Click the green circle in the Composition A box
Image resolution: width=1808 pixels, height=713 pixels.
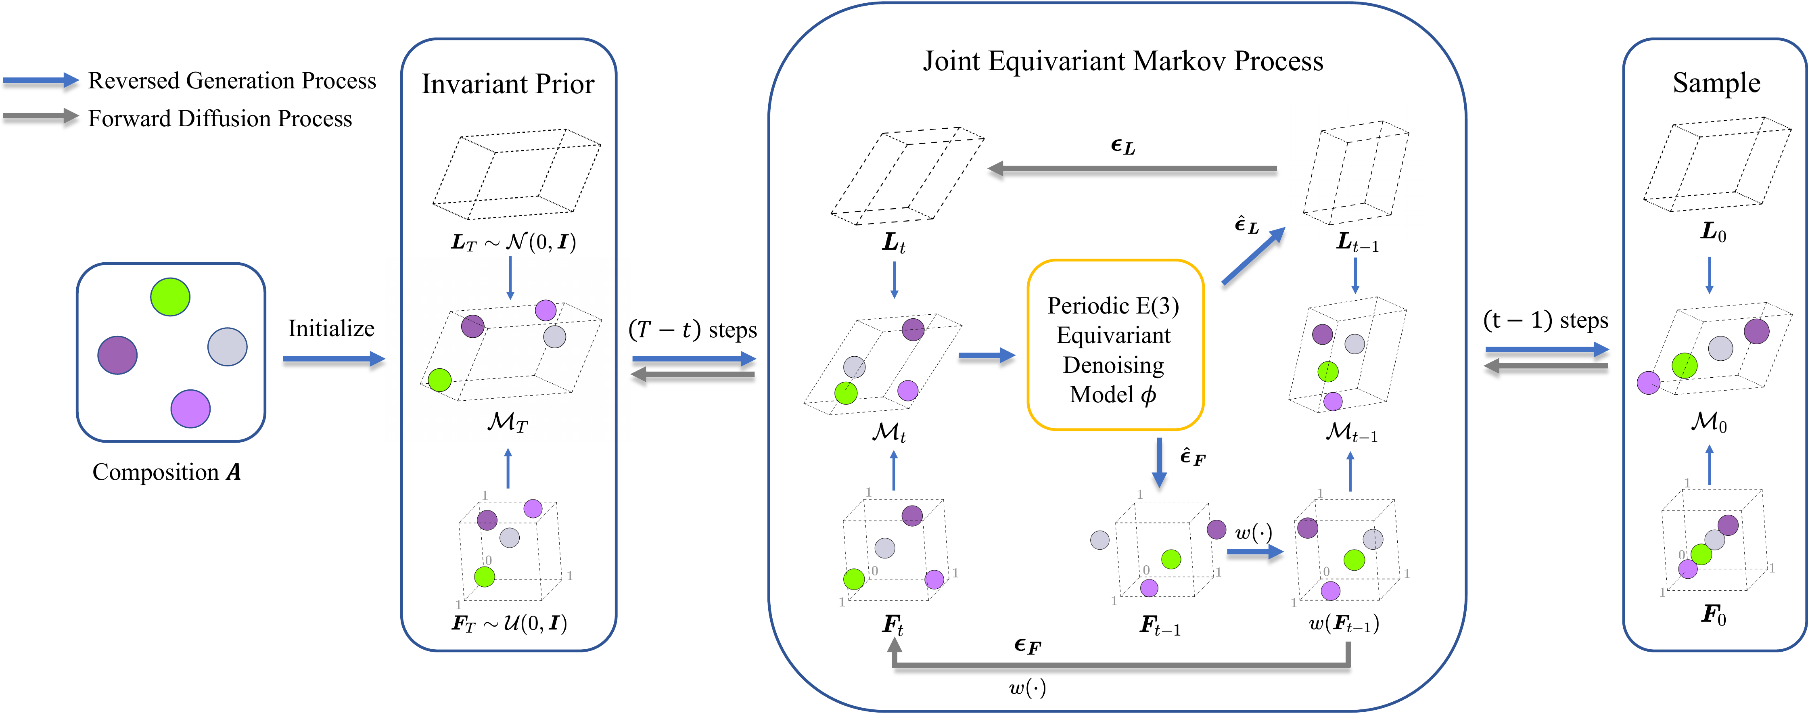(x=170, y=297)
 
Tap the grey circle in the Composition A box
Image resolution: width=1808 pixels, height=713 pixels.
(x=228, y=347)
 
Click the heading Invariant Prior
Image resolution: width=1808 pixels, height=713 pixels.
(x=508, y=84)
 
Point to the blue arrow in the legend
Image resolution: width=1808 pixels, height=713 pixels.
(x=41, y=81)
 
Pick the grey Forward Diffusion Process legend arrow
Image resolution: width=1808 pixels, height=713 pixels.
(x=41, y=117)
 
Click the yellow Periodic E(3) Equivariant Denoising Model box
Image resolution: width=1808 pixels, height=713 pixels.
(x=1115, y=345)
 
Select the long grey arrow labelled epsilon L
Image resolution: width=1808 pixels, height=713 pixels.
(x=1132, y=168)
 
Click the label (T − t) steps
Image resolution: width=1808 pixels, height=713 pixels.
(x=693, y=329)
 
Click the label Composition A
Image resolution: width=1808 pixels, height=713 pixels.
(x=167, y=472)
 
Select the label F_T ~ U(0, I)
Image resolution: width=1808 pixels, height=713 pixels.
(x=509, y=623)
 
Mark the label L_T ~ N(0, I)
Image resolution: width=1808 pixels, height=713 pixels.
(x=513, y=242)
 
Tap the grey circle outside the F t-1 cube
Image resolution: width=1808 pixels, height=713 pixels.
(x=1100, y=539)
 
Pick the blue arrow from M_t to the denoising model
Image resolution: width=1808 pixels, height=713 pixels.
(x=987, y=356)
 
